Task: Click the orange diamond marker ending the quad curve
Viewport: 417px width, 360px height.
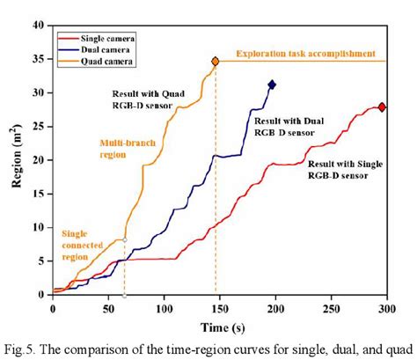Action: [216, 62]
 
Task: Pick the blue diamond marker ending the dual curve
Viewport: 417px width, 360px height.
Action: [272, 84]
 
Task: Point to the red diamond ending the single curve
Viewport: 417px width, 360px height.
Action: [382, 107]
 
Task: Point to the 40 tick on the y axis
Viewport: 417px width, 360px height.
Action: [37, 26]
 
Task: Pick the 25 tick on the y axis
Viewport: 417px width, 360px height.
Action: [37, 127]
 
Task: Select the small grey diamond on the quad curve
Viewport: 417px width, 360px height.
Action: [124, 240]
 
